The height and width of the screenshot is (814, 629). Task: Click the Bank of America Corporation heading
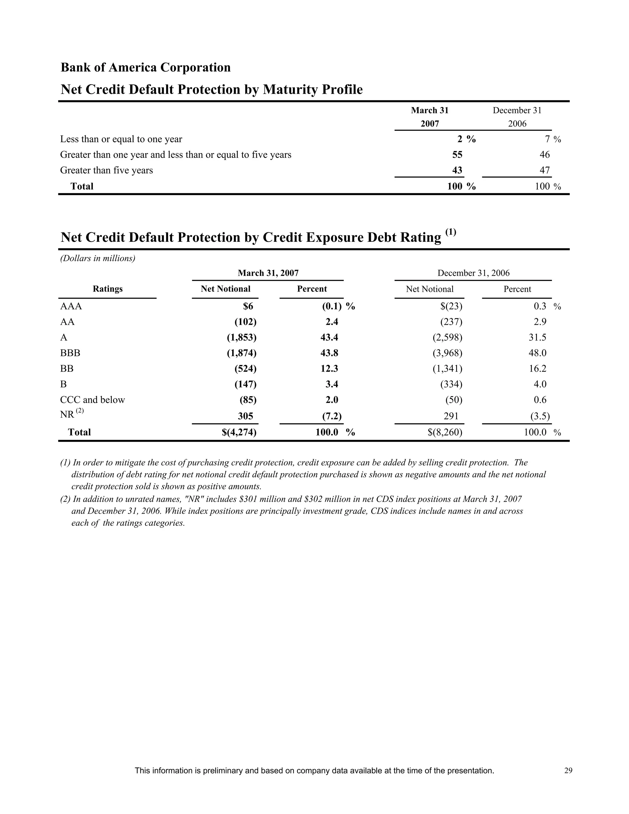click(x=145, y=68)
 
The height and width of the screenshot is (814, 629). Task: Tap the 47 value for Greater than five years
click(x=545, y=170)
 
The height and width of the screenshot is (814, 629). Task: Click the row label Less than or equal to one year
click(x=121, y=139)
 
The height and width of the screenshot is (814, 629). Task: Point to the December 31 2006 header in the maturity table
click(x=517, y=117)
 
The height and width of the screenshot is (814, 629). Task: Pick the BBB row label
click(x=70, y=353)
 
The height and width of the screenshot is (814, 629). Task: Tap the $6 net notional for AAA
click(x=248, y=306)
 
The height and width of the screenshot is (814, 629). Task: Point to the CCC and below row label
click(x=92, y=400)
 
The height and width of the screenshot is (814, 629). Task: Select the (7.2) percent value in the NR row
click(x=332, y=416)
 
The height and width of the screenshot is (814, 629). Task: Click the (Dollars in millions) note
click(x=98, y=258)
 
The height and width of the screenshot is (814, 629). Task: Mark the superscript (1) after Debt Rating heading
click(x=451, y=232)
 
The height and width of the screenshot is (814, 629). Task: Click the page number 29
click(x=568, y=771)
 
